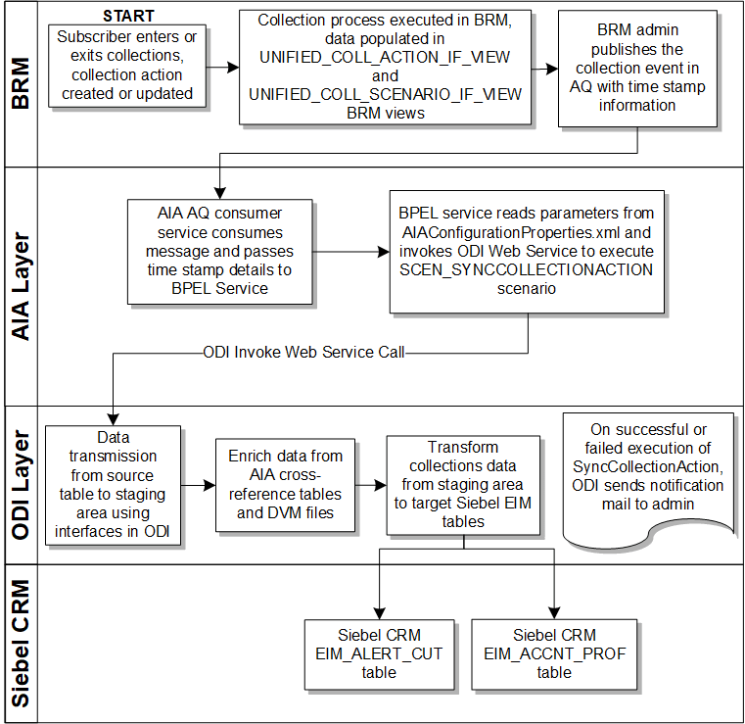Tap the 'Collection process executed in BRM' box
pos(385,67)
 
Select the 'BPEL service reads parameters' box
pos(528,251)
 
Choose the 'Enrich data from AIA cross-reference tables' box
pos(285,484)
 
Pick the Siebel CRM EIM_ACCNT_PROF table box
pos(553,653)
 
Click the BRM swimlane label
pos(20,82)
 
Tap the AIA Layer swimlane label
pos(20,287)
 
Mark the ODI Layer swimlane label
pos(20,484)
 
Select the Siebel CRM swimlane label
pos(20,643)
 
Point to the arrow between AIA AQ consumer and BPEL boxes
pos(350,251)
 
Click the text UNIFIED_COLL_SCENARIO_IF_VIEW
pos(385,94)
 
